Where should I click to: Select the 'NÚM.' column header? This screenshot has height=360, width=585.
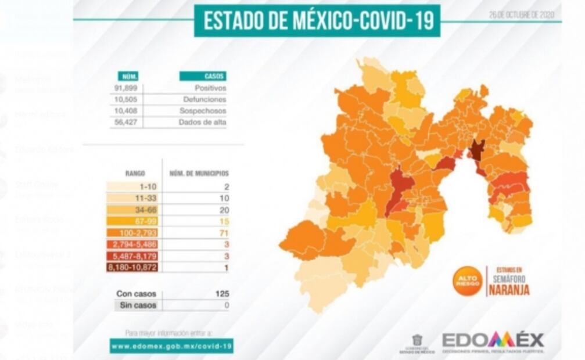(127, 76)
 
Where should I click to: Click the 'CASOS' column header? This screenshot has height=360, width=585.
(203, 76)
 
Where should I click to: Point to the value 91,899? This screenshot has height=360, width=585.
(126, 88)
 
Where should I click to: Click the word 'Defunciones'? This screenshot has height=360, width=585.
(204, 99)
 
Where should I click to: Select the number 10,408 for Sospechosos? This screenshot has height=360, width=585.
(126, 111)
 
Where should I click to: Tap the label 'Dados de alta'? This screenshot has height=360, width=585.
(203, 122)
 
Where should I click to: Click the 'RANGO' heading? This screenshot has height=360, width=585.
(135, 173)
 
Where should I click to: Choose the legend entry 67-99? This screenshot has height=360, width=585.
(134, 221)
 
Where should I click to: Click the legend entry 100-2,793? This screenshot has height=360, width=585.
(134, 233)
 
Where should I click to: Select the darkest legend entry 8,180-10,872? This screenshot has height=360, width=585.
(134, 267)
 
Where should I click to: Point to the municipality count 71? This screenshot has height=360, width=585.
(225, 233)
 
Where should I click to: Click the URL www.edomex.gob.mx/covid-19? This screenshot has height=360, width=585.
(171, 345)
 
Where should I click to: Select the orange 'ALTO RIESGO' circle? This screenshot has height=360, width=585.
(468, 281)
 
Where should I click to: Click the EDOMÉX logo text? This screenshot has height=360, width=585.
(493, 339)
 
